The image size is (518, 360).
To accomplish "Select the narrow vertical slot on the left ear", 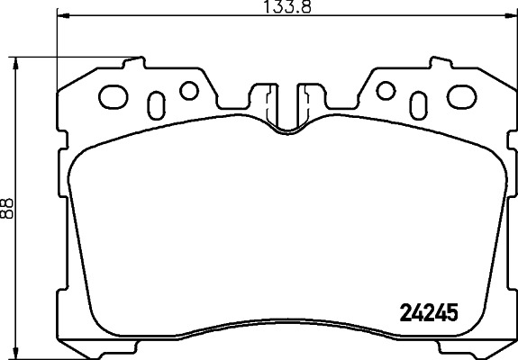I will (156, 101).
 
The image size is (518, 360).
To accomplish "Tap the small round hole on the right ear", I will (386, 90).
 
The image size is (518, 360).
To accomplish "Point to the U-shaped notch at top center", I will (287, 113).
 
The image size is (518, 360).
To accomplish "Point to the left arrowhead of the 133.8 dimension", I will (61, 16).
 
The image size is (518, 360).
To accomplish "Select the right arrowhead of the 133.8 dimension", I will (513, 16).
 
